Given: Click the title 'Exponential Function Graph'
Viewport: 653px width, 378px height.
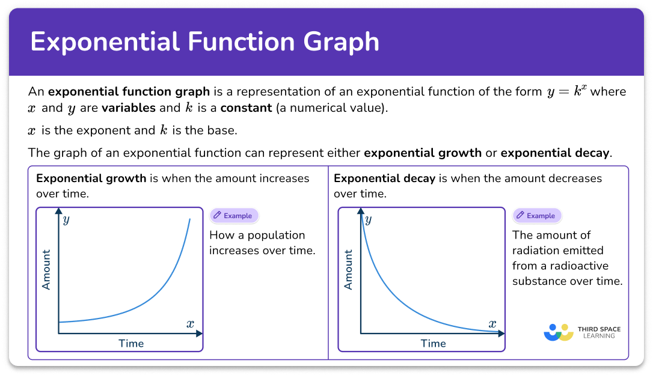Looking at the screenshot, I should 204,42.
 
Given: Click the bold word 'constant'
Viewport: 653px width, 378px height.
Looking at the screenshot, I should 246,109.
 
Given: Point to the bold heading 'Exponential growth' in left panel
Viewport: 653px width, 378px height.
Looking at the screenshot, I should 91,178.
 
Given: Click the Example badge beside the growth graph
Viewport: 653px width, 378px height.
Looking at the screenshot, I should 234,216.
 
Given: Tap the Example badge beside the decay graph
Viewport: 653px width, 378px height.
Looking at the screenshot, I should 537,216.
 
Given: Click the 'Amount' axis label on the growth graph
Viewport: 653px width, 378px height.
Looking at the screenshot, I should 46,270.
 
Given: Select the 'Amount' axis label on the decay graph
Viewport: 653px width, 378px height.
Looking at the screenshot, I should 348,270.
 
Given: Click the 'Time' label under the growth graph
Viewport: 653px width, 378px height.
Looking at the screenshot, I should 130,344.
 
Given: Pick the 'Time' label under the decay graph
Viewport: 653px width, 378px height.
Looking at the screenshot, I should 433,344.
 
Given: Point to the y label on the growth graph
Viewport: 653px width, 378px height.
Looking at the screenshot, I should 66,219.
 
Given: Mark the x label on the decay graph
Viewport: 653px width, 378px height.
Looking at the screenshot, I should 492,324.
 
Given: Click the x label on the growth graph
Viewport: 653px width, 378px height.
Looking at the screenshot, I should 190,324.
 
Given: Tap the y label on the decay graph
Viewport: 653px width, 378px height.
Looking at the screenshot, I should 368,219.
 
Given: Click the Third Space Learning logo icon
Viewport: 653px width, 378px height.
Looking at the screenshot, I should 557,332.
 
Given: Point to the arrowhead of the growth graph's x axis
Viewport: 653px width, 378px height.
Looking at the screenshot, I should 200,334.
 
